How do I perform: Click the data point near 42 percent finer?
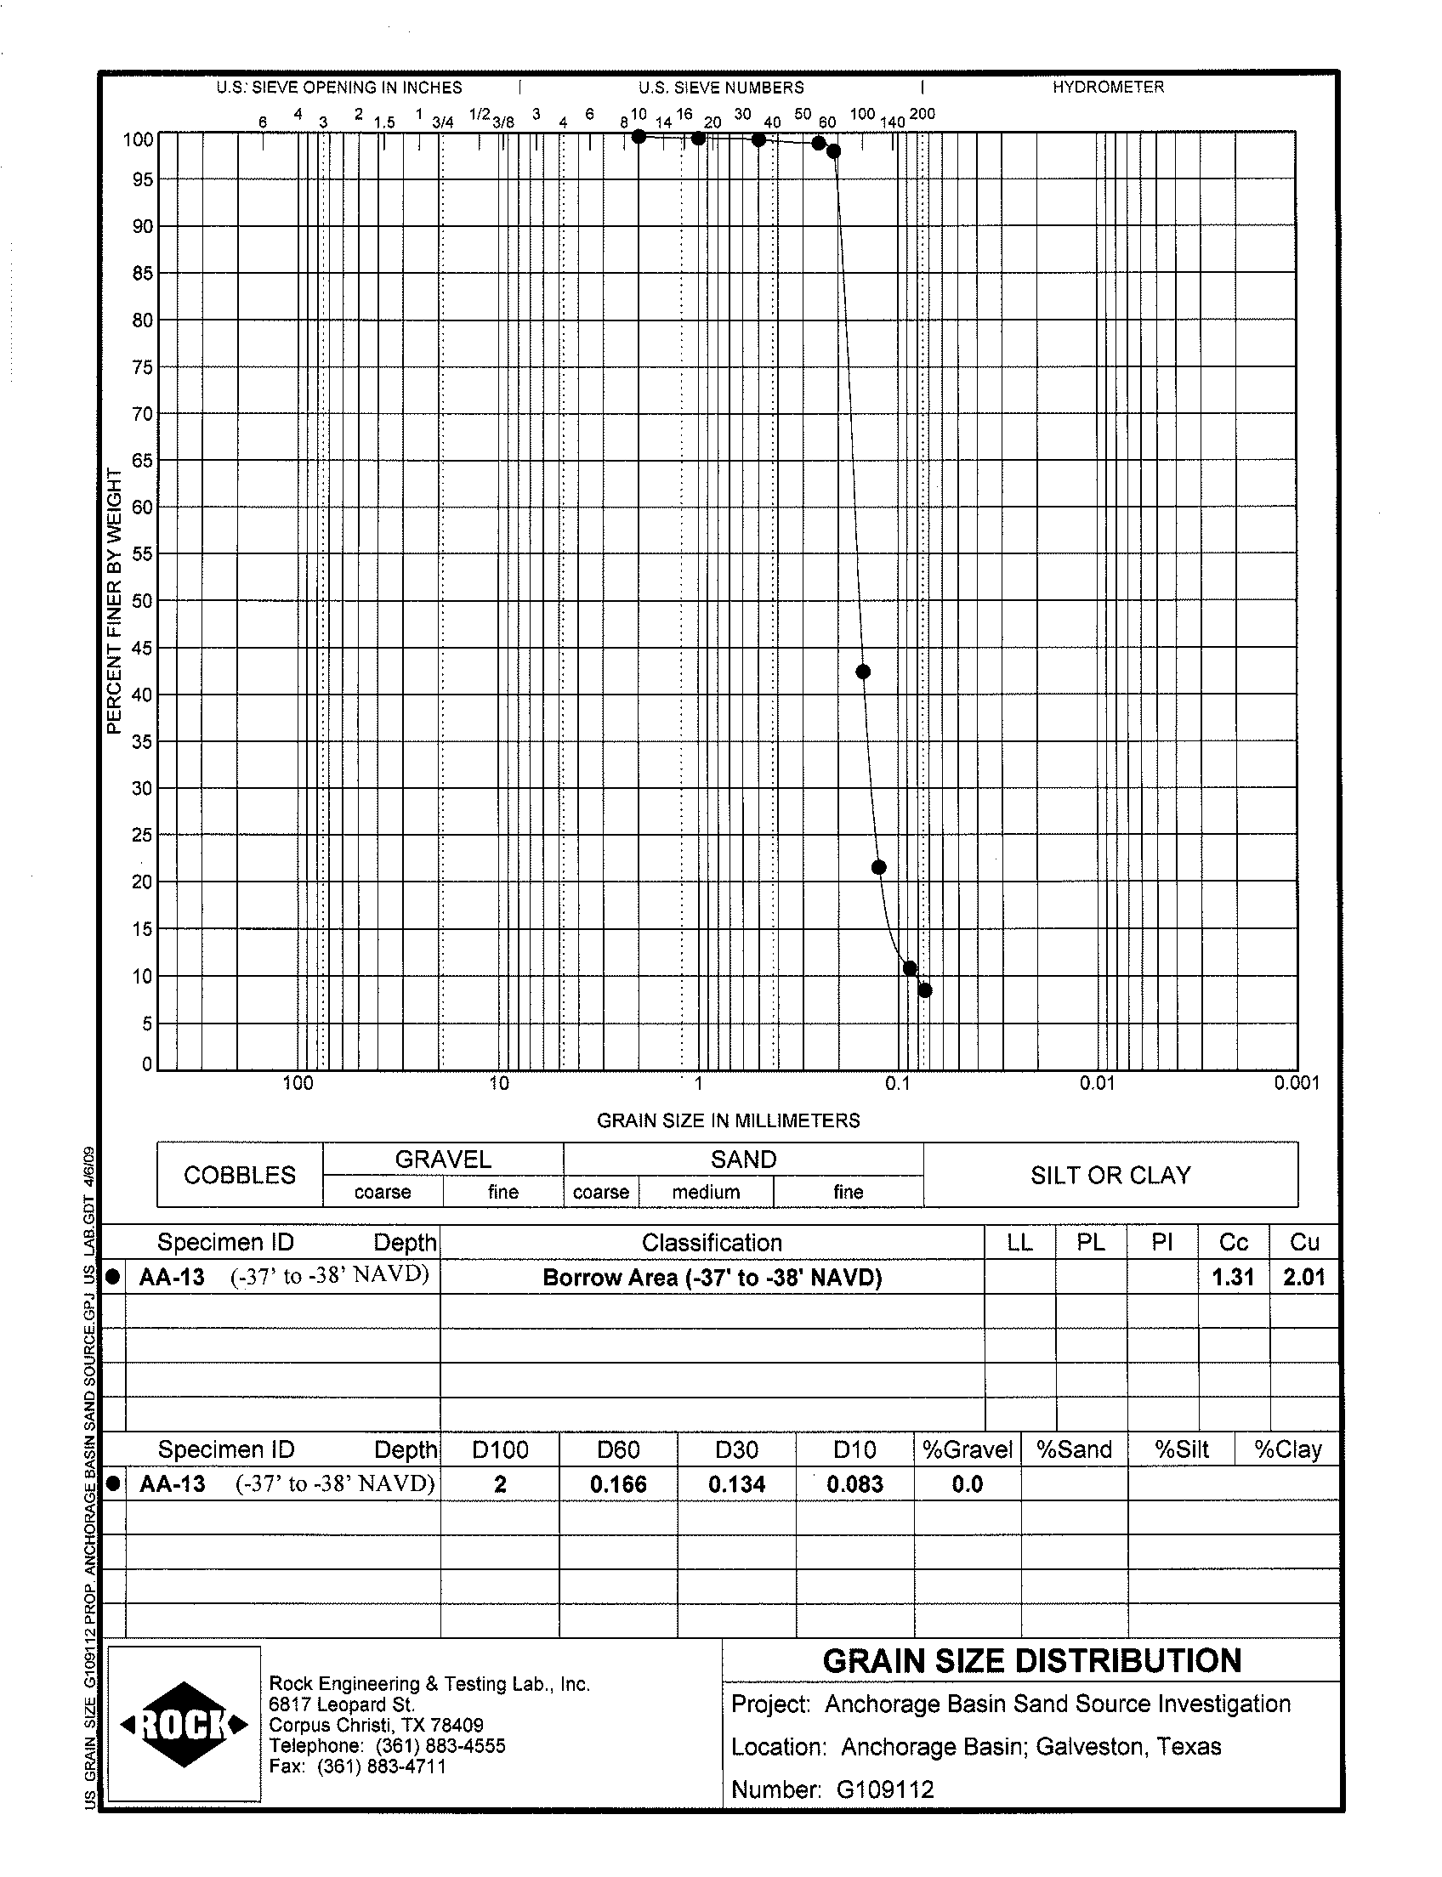864,672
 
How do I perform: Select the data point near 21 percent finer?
878,867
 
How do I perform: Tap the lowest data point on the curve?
924,990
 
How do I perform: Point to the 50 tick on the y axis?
142,601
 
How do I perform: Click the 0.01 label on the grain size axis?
1097,1083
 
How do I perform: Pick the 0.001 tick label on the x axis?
1296,1083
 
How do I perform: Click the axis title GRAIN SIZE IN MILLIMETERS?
728,1120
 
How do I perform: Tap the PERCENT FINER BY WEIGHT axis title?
114,601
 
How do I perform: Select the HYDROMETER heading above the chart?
1108,87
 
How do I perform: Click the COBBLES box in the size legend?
240,1175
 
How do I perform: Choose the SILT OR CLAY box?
1110,1175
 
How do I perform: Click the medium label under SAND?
706,1192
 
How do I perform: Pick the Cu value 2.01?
1303,1277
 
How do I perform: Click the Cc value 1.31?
1233,1277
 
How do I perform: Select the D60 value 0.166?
618,1484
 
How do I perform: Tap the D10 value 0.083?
854,1484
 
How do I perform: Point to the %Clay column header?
1287,1449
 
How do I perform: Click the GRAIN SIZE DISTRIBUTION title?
1031,1661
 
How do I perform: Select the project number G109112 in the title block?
885,1789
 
